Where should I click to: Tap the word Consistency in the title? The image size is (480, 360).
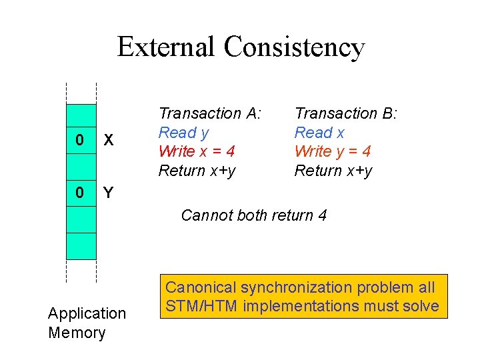(x=295, y=47)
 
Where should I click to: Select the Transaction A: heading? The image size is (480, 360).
(x=210, y=113)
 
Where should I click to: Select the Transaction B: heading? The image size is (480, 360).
(x=346, y=113)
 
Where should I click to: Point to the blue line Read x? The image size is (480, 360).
(x=319, y=133)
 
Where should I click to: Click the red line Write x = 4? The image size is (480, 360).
(x=197, y=151)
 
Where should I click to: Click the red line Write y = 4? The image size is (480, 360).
(x=333, y=151)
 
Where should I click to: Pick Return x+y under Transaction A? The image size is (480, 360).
(x=197, y=171)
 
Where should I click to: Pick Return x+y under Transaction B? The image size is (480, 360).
(x=333, y=171)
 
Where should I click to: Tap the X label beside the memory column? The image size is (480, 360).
(x=109, y=141)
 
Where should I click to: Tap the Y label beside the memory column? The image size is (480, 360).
(x=109, y=193)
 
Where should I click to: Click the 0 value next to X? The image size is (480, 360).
(x=80, y=141)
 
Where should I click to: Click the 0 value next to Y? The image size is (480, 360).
(x=80, y=193)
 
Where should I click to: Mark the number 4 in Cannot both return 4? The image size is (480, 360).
(x=322, y=215)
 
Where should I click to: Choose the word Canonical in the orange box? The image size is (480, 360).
(x=201, y=288)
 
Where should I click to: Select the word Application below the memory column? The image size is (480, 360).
(x=87, y=313)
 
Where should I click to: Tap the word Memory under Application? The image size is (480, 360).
(x=77, y=333)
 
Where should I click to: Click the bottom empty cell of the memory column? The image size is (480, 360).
(x=81, y=245)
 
